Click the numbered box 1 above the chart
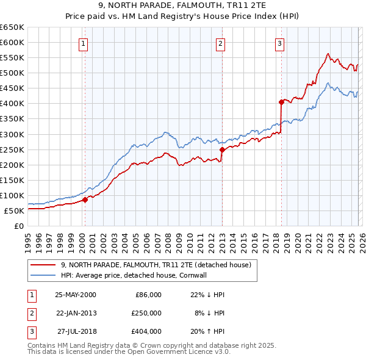82,43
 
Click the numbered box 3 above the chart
279,43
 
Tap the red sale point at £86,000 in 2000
85,199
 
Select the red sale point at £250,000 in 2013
222,149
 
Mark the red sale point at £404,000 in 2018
281,102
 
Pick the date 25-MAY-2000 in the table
76,295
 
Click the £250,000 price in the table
146,313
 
